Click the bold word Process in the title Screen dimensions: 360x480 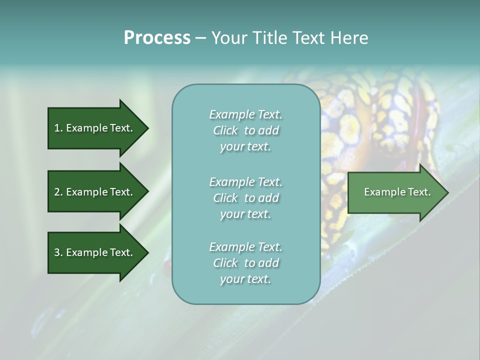coord(157,38)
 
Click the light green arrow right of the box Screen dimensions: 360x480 coord(395,192)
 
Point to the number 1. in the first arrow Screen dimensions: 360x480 coord(58,128)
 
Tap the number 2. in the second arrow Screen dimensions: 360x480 coord(58,192)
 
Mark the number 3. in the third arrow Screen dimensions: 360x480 coord(58,252)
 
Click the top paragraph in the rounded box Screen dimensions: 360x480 coord(246,130)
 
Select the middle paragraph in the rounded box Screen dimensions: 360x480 coord(246,198)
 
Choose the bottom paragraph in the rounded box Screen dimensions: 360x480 coord(246,263)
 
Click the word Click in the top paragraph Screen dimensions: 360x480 coord(225,130)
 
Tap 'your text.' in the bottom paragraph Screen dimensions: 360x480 coord(245,279)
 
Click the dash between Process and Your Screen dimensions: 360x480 coord(200,38)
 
